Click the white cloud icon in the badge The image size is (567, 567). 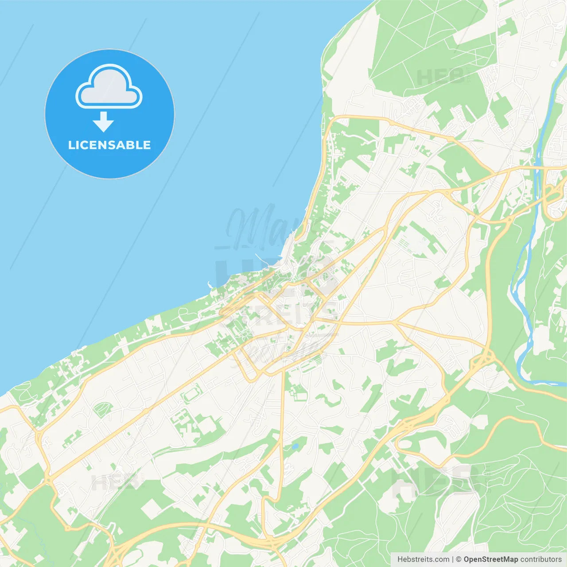point(109,87)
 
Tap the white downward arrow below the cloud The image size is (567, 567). point(103,122)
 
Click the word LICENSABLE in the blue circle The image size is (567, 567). point(109,145)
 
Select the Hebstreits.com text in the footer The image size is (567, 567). point(423,559)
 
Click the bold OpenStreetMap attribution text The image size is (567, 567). point(490,559)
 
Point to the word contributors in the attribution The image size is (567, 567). point(540,559)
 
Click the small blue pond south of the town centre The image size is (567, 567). point(295,446)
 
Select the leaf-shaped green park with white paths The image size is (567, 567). point(103,409)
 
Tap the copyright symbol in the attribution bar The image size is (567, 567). point(459,559)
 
